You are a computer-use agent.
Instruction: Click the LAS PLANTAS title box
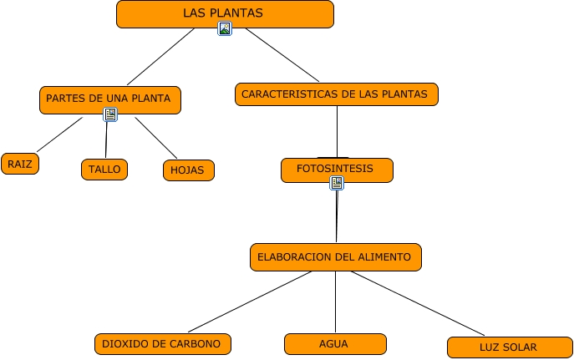pyautogui.click(x=224, y=13)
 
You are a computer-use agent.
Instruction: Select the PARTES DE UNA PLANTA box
pyautogui.click(x=109, y=99)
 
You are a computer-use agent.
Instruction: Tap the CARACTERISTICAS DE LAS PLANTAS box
pyautogui.click(x=336, y=94)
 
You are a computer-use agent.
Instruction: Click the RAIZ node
pyautogui.click(x=20, y=164)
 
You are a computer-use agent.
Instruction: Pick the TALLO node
pyautogui.click(x=104, y=170)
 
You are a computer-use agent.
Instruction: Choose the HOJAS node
pyautogui.click(x=188, y=170)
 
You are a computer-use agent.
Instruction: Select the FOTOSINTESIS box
pyautogui.click(x=336, y=170)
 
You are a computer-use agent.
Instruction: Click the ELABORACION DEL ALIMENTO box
pyautogui.click(x=335, y=257)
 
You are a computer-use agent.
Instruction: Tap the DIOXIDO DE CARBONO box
pyautogui.click(x=162, y=343)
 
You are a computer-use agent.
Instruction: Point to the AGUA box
pyautogui.click(x=334, y=343)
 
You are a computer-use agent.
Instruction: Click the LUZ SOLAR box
pyautogui.click(x=508, y=347)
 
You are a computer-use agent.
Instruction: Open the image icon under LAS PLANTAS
pyautogui.click(x=224, y=29)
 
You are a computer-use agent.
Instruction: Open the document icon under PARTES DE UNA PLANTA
pyautogui.click(x=110, y=114)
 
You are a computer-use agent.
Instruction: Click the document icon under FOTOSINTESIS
pyautogui.click(x=337, y=183)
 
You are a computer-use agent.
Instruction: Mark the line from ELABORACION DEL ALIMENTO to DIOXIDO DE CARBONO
pyautogui.click(x=251, y=302)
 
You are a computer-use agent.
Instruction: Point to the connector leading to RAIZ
pyautogui.click(x=59, y=134)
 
